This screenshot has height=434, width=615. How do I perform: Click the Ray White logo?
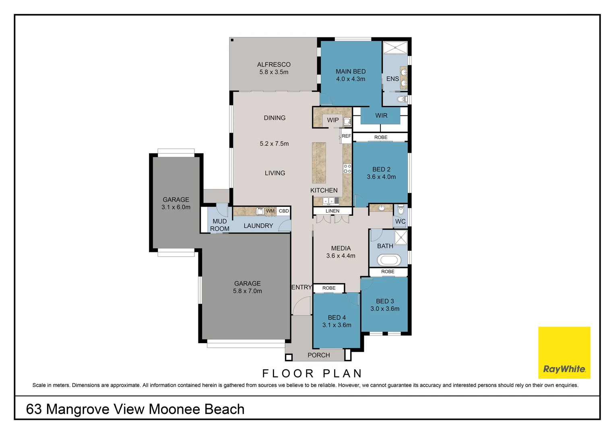(564, 352)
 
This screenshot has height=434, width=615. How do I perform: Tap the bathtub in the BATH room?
(389, 260)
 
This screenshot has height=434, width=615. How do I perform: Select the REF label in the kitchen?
(346, 136)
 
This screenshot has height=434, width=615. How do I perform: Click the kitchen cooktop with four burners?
(347, 169)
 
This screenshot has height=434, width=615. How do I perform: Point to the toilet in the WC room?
(401, 210)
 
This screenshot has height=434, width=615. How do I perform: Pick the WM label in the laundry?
(270, 211)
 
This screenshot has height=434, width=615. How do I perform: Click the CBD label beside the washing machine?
(284, 211)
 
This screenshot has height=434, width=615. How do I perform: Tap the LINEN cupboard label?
(332, 211)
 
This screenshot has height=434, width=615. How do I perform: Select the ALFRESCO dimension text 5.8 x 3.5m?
(274, 72)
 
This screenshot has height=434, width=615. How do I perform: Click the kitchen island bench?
(319, 163)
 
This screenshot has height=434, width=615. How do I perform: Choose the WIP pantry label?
(333, 120)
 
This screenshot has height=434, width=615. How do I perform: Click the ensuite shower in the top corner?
(395, 48)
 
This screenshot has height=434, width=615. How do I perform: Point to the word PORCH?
(318, 355)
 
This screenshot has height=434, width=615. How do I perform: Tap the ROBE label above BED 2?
(381, 137)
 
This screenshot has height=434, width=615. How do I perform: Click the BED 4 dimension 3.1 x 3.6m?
(336, 325)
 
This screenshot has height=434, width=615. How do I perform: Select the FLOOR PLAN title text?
(312, 373)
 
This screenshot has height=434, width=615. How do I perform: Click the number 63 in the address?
(34, 409)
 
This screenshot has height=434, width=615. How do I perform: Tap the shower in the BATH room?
(401, 237)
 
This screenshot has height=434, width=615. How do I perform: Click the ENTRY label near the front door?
(301, 287)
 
